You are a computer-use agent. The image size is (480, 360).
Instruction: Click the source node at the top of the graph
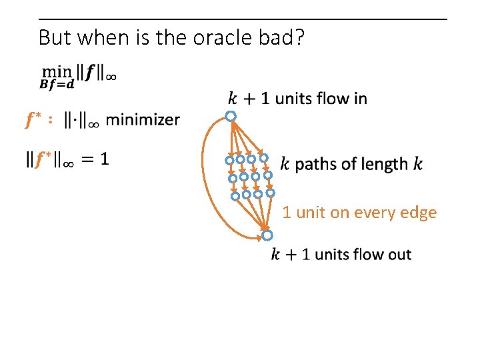pos(230,117)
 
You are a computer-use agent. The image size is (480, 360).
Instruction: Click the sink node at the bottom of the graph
pos(267,235)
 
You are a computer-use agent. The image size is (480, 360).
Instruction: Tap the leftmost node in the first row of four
pos(229,161)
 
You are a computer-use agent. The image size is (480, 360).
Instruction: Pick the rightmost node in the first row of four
pos(264,158)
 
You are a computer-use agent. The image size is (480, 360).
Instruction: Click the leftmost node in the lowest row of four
pos(235,196)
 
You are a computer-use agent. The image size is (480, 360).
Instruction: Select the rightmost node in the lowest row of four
pos(270,193)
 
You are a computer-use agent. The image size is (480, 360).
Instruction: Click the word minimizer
pos(143,120)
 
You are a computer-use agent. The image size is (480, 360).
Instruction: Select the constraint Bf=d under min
pos(57,84)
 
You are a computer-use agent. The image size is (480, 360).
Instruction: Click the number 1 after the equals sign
pos(105,159)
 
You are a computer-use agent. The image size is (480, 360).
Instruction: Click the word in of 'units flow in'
pos(359,99)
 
